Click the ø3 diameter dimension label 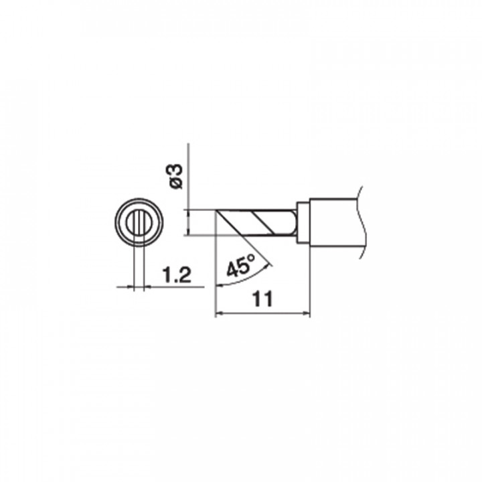(x=177, y=177)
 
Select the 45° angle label (x=241, y=265)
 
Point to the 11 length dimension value (x=262, y=299)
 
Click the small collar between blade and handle (x=303, y=222)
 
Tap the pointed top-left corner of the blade (x=216, y=210)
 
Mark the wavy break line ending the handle (x=361, y=222)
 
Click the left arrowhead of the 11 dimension (x=218, y=313)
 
